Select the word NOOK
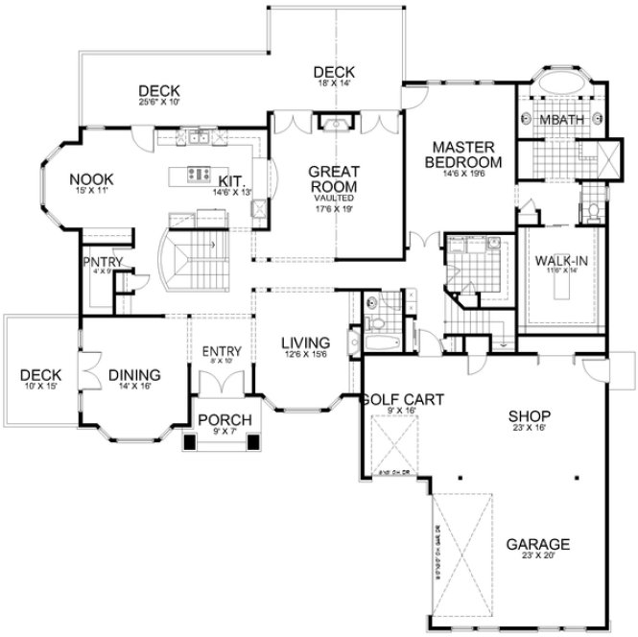[92, 178]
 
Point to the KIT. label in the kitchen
[231, 179]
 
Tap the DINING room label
[133, 375]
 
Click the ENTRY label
[222, 350]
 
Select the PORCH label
[224, 421]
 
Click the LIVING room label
[305, 343]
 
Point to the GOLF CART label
[402, 400]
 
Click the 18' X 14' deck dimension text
[333, 84]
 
